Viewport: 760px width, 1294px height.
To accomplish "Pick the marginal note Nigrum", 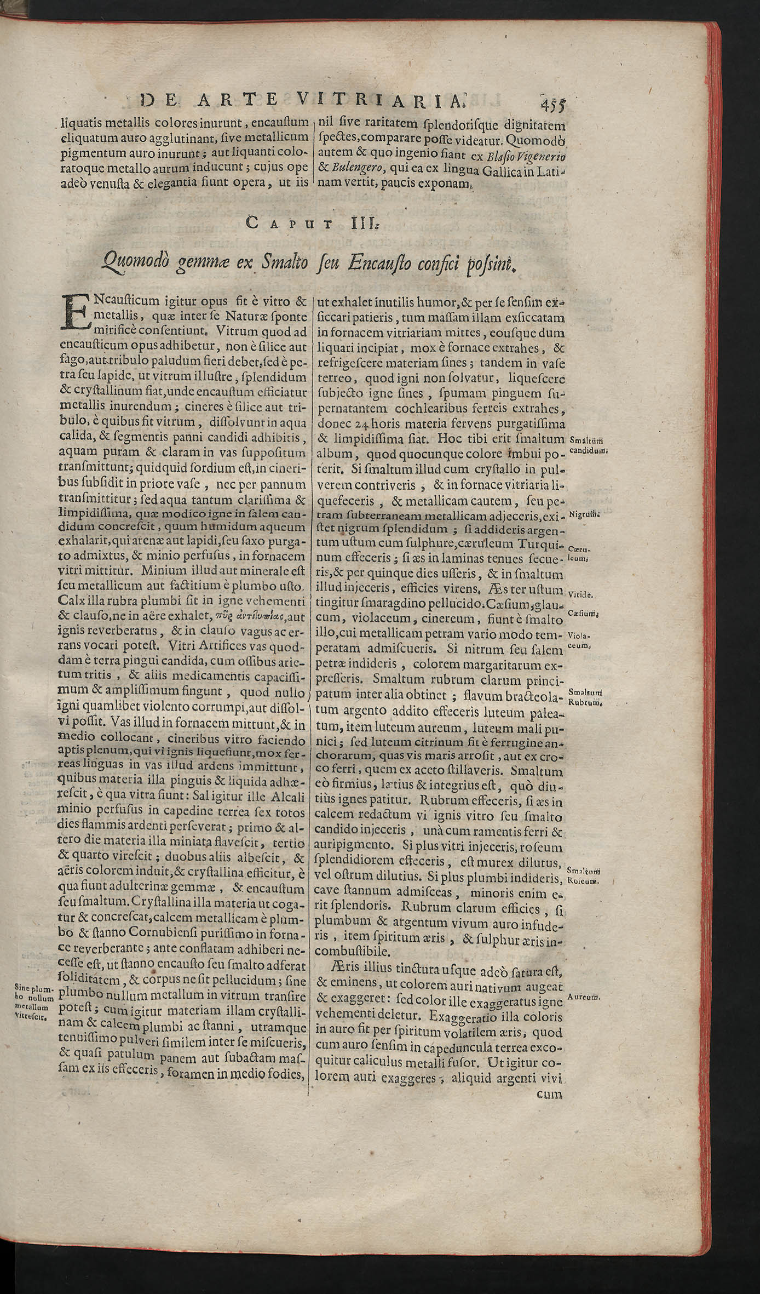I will pos(584,514).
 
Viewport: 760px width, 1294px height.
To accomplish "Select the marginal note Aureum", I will pos(585,997).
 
